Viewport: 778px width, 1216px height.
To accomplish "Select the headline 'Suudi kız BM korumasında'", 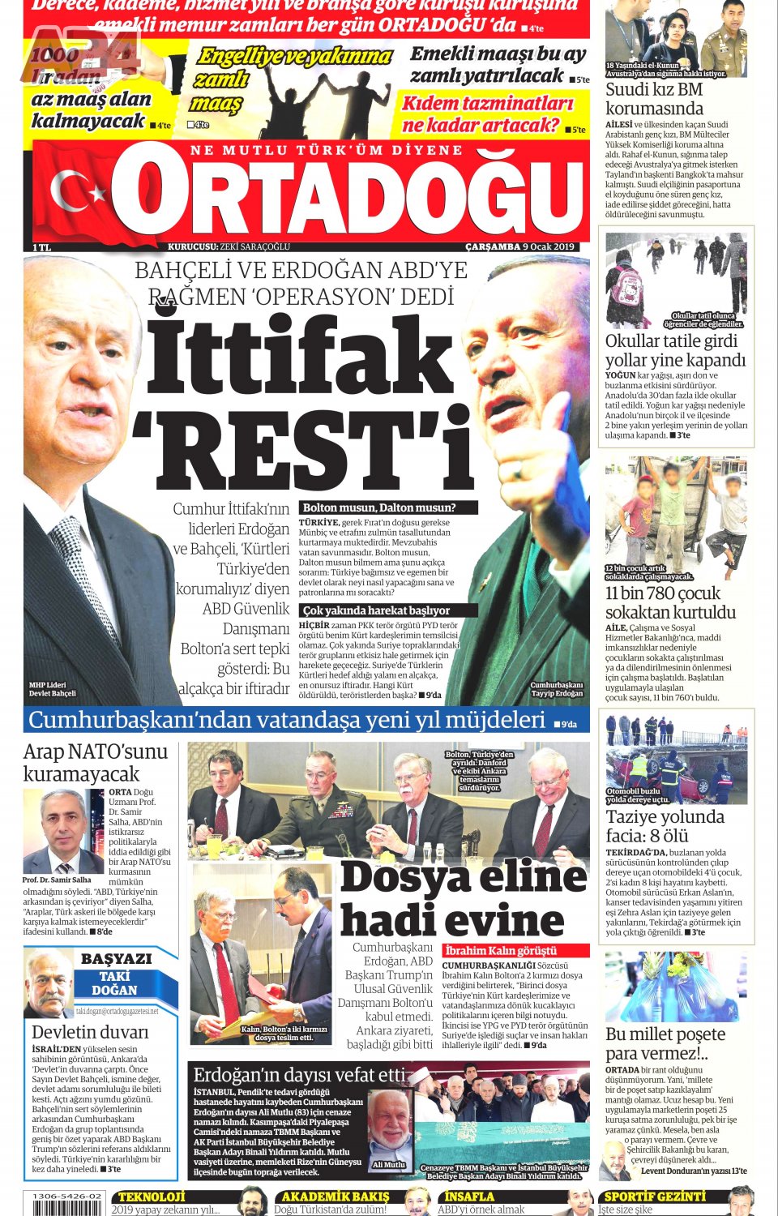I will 654,99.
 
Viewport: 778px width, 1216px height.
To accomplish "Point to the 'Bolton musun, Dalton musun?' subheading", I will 379,507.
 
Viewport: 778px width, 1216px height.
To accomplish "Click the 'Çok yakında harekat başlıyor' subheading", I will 376,610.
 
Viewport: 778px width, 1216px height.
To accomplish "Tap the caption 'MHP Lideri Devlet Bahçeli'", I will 52,689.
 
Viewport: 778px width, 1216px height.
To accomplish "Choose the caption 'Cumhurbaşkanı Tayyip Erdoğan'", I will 557,689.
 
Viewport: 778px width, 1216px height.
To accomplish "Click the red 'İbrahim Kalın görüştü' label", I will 500,950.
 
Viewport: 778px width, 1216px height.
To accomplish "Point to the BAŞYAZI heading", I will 116,958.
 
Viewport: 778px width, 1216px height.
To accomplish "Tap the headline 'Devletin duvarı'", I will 90,1032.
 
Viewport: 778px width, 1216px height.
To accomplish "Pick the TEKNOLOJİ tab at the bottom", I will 152,1197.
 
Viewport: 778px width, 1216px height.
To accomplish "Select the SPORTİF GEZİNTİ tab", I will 655,1197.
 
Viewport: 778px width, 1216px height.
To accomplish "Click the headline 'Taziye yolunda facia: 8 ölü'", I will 665,826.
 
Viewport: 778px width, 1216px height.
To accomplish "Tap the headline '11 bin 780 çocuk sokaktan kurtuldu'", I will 670,602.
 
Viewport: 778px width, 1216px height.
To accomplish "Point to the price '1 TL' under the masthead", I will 41,246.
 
